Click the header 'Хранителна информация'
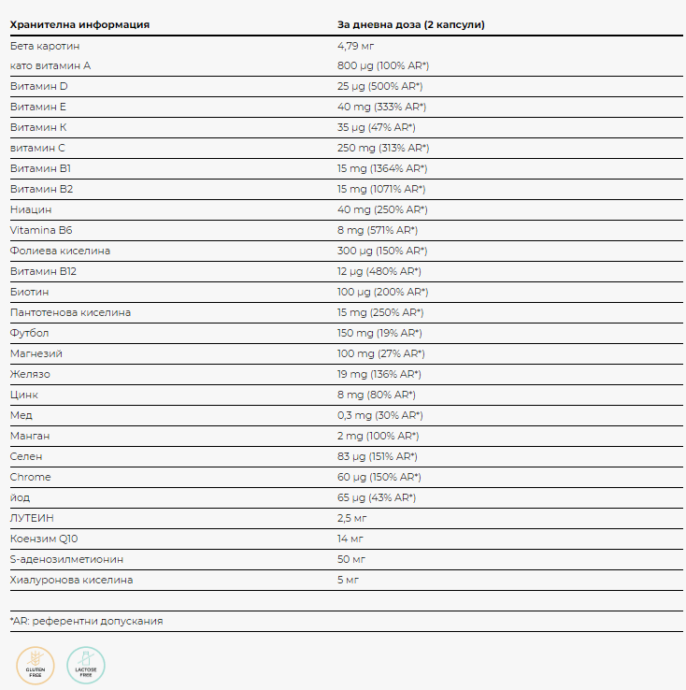click(x=79, y=24)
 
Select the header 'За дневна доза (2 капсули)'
click(x=410, y=24)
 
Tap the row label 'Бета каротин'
click(x=45, y=45)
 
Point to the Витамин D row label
click(x=39, y=86)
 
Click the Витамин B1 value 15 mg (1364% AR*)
click(x=382, y=168)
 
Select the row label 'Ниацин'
click(x=31, y=209)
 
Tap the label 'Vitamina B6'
click(x=40, y=230)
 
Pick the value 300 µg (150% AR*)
click(x=382, y=251)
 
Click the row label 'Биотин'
click(x=30, y=292)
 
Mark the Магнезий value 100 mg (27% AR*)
click(x=380, y=353)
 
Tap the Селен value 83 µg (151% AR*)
click(x=377, y=456)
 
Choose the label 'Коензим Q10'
click(x=45, y=539)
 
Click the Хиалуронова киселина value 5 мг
click(x=349, y=580)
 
